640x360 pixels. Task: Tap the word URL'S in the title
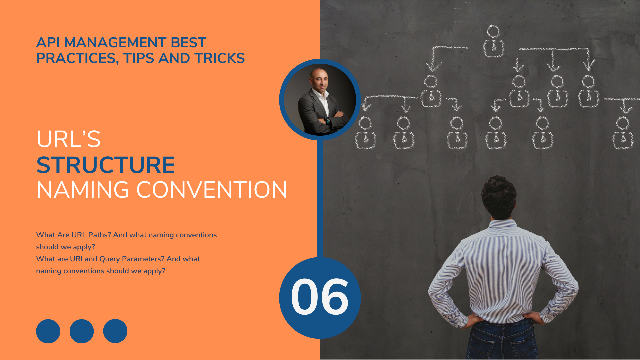click(x=68, y=139)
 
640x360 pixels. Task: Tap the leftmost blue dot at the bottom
click(x=48, y=331)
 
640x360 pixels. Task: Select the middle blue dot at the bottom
click(x=82, y=331)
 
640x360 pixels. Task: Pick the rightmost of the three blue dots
click(x=115, y=331)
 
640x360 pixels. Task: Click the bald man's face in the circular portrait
click(x=319, y=80)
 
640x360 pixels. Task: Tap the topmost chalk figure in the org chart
click(x=493, y=42)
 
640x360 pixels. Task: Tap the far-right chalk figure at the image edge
click(x=623, y=133)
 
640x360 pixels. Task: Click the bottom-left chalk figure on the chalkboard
click(x=365, y=133)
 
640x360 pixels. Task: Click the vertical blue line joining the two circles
click(x=320, y=200)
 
